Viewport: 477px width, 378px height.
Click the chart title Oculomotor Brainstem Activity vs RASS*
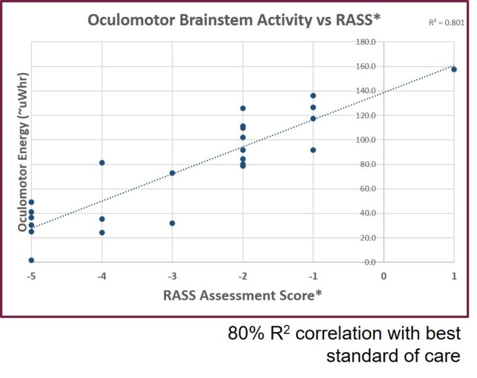pyautogui.click(x=234, y=20)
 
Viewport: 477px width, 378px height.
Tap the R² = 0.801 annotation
pyautogui.click(x=446, y=23)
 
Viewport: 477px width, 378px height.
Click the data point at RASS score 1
pyautogui.click(x=454, y=69)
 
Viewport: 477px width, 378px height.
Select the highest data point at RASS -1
pyautogui.click(x=313, y=96)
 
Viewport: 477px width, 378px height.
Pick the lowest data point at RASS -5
pyautogui.click(x=31, y=260)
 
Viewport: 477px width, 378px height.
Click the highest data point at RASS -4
pyautogui.click(x=102, y=163)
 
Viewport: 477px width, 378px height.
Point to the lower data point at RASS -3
pyautogui.click(x=172, y=223)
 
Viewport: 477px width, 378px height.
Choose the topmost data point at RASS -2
pyautogui.click(x=243, y=108)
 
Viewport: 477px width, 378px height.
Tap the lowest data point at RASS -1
pyautogui.click(x=313, y=150)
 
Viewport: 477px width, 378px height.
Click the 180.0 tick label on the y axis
pyautogui.click(x=366, y=42)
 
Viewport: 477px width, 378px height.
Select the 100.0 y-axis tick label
pyautogui.click(x=366, y=140)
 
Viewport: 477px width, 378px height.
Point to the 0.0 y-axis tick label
pyautogui.click(x=369, y=262)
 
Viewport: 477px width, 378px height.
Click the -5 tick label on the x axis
pyautogui.click(x=31, y=277)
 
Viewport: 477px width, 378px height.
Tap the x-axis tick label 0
pyautogui.click(x=384, y=277)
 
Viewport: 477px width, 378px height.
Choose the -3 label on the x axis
pyautogui.click(x=172, y=277)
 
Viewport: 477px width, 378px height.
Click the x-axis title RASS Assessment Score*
pyautogui.click(x=242, y=295)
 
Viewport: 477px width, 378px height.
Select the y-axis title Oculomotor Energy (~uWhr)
pyautogui.click(x=23, y=152)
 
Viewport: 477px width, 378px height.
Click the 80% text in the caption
pyautogui.click(x=246, y=333)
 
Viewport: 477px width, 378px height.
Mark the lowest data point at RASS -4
pyautogui.click(x=102, y=232)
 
